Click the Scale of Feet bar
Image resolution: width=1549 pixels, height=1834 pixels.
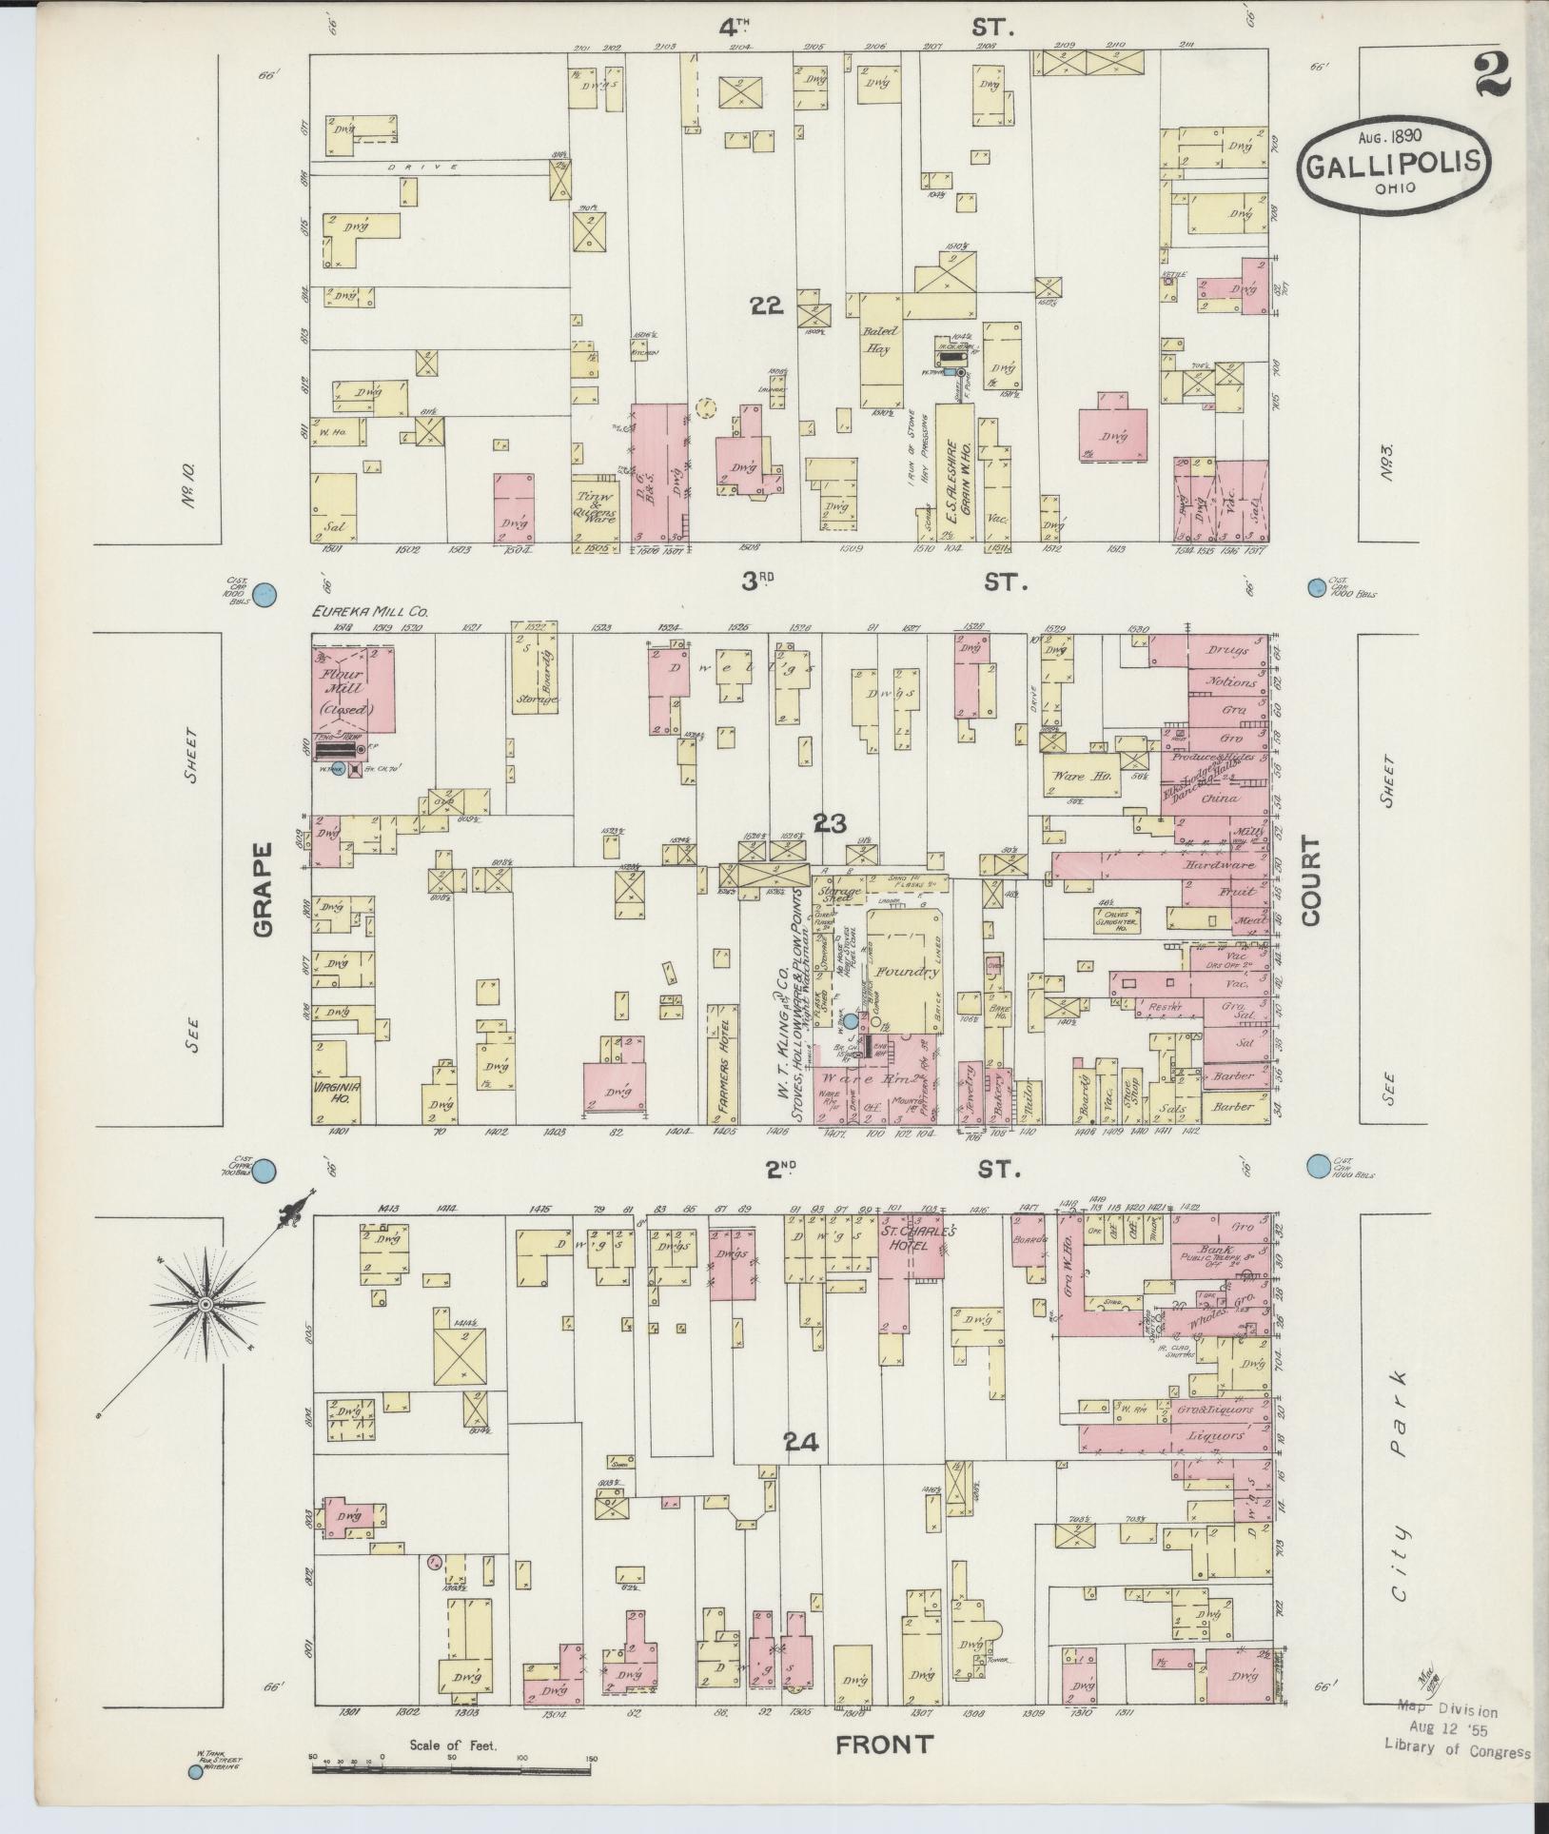453,1768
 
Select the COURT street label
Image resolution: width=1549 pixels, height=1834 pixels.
1313,880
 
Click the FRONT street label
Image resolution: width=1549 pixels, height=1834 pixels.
884,1745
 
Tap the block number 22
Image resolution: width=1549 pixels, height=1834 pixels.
765,306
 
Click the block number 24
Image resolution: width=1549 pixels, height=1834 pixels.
801,1469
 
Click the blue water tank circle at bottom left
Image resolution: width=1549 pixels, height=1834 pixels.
196,1771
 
